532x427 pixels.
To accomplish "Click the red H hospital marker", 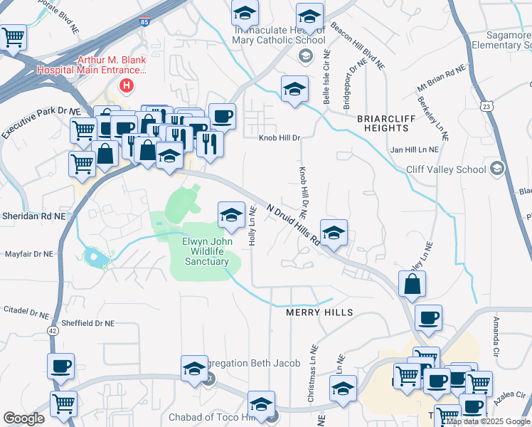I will click(127, 86).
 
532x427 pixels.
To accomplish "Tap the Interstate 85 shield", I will click(145, 23).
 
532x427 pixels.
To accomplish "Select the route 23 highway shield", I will click(486, 106).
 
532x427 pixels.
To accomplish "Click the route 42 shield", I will click(53, 330).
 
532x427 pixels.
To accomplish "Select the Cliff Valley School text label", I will click(446, 169).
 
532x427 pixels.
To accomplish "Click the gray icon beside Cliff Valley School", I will click(496, 169).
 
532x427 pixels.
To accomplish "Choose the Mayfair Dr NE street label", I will click(29, 253).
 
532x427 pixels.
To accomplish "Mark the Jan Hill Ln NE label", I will click(415, 150).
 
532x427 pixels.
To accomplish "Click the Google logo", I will click(23, 418).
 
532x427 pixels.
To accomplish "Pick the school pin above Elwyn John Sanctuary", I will click(231, 214).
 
